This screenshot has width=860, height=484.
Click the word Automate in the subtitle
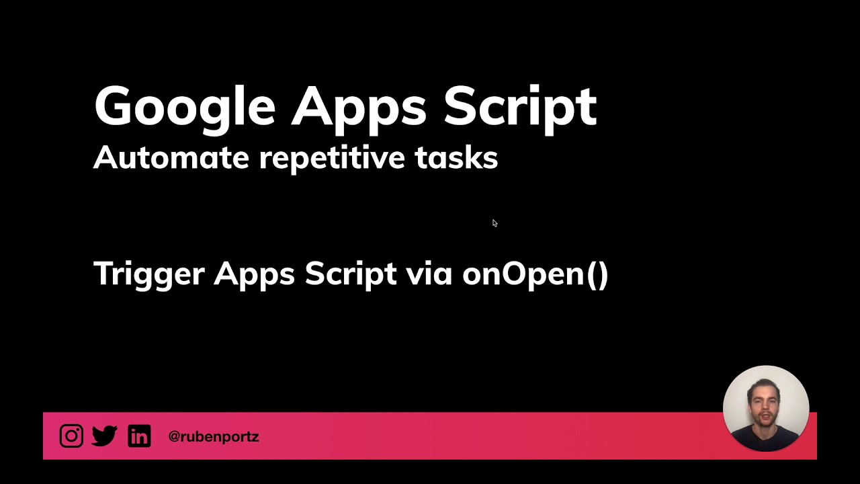(x=171, y=157)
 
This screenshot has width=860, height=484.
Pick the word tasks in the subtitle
(x=456, y=157)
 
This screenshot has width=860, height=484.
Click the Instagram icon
(x=71, y=436)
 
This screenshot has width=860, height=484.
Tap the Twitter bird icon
(x=105, y=436)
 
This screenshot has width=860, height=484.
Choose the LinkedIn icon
(x=139, y=436)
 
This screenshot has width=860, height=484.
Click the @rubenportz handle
(x=213, y=436)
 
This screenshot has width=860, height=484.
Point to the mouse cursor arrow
(x=494, y=223)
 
